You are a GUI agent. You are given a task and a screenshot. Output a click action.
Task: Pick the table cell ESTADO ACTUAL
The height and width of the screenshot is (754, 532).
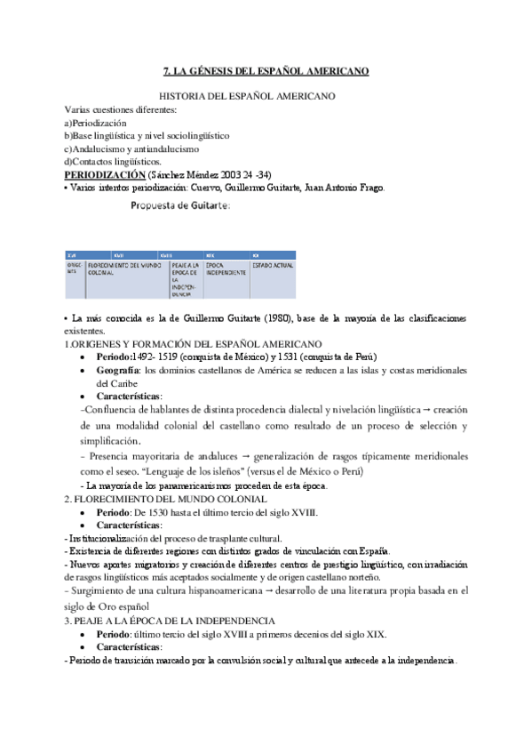pyautogui.click(x=276, y=264)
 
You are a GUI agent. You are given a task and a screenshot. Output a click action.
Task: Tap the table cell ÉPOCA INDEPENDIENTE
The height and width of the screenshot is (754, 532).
pyautogui.click(x=225, y=268)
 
